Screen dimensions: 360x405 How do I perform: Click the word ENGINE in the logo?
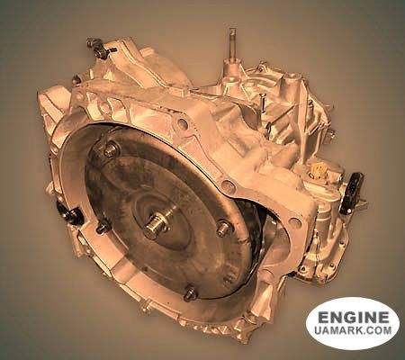353,318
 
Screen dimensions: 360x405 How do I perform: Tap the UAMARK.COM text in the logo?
353,334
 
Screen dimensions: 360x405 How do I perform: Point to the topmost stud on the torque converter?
112,149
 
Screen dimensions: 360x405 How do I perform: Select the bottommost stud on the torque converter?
190,292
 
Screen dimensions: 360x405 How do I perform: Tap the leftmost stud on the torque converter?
102,227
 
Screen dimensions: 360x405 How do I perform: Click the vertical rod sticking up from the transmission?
232,45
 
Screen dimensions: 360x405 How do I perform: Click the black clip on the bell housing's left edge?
69,215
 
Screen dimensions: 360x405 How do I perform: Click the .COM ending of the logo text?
376,334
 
